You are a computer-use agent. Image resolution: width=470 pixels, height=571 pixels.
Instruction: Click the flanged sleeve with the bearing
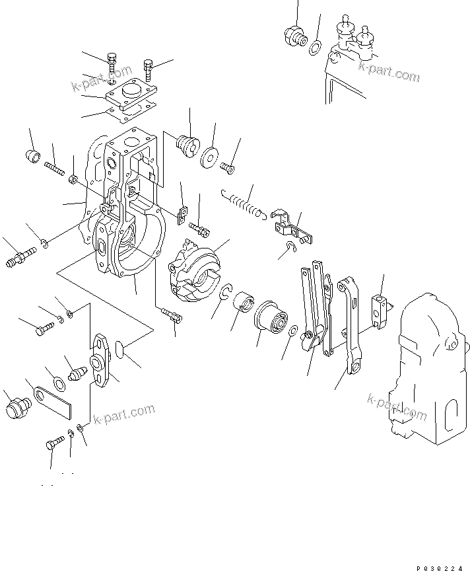pos(271,319)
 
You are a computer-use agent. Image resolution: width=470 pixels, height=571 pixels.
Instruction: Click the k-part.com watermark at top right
pos(389,69)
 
